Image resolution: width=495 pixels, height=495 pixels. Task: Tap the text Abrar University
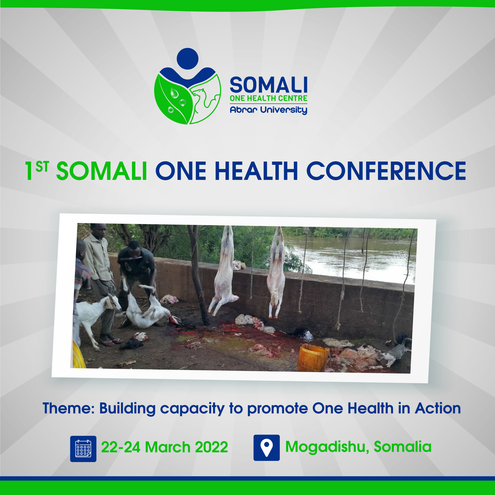click(269, 110)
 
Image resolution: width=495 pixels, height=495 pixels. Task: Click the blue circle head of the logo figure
click(188, 59)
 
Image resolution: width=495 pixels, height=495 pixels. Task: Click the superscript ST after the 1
click(42, 167)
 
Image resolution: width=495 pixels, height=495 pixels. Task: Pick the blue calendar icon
click(83, 449)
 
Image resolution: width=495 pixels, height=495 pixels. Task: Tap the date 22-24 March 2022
click(165, 447)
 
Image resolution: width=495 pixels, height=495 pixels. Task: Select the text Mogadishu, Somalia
click(358, 447)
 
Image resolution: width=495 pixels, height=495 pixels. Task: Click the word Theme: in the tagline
click(69, 408)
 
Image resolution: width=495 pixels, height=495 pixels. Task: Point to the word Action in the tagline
click(438, 408)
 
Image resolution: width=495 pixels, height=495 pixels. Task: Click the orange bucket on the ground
click(313, 358)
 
